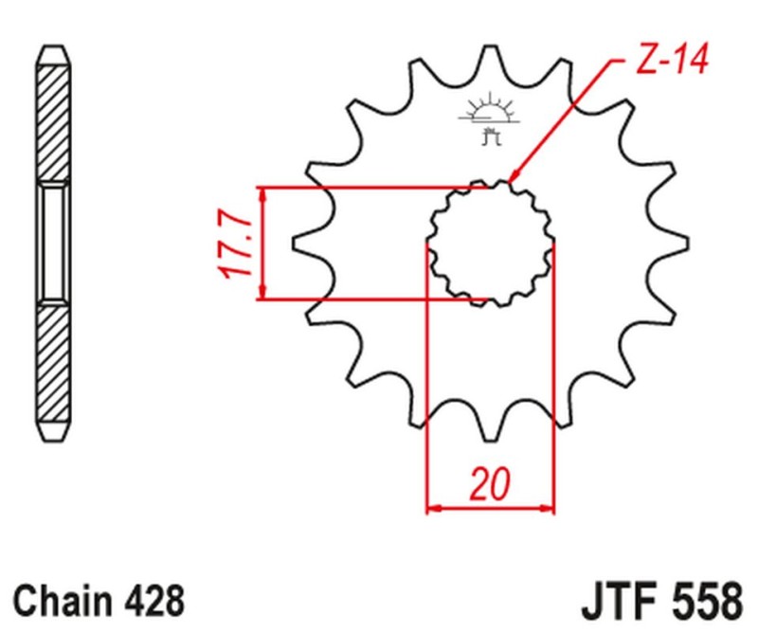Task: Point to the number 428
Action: [152, 600]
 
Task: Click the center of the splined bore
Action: [489, 244]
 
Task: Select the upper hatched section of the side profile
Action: [54, 114]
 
